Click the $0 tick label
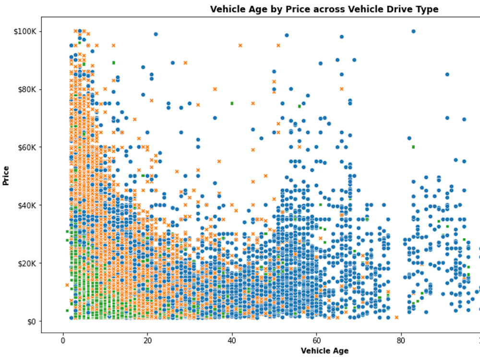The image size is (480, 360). coord(31,321)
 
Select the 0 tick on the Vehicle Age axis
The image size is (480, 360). coord(63,341)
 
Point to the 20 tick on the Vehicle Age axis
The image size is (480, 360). coord(147,341)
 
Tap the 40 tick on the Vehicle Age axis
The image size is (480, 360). coord(232,341)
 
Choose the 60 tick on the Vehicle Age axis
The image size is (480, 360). coord(316,341)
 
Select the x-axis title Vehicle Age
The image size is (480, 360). coord(324,351)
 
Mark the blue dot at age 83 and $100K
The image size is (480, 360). coord(413,31)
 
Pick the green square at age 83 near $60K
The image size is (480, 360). coord(413,147)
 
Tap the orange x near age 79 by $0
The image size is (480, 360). coord(396,317)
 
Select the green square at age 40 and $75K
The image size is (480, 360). coord(232,103)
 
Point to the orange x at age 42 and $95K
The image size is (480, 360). coord(240,46)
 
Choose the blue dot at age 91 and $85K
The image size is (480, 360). coord(447,74)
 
